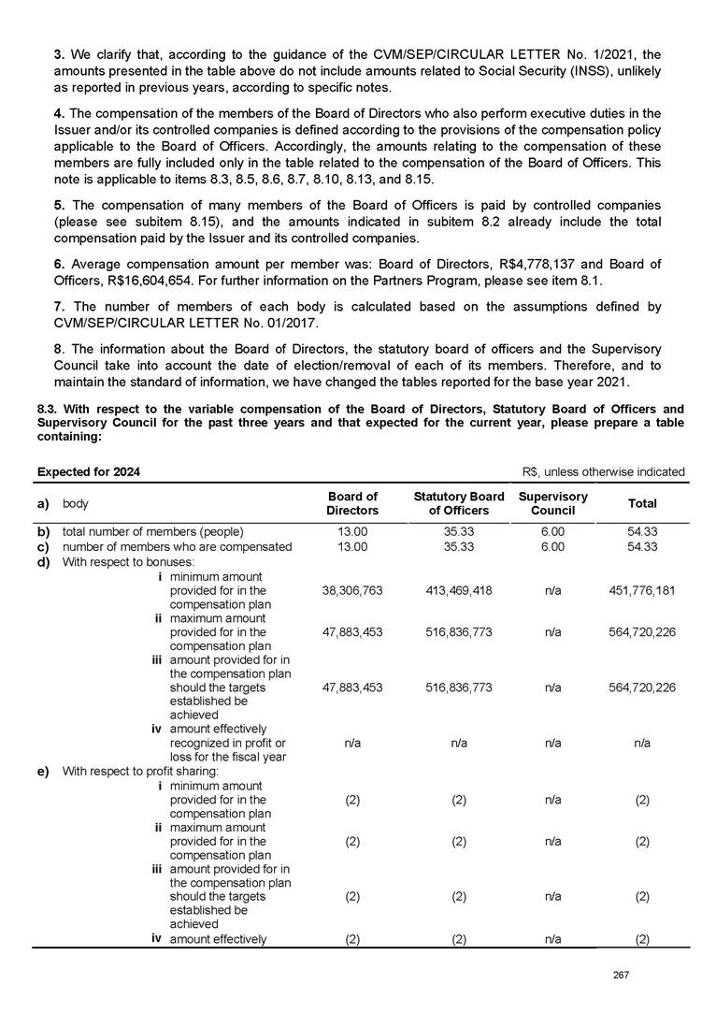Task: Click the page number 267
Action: [619, 976]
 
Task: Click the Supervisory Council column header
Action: [552, 503]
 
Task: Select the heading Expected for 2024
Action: [88, 471]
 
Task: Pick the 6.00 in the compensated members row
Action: [552, 546]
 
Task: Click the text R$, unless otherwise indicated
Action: [602, 471]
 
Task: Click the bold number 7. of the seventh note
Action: [58, 307]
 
